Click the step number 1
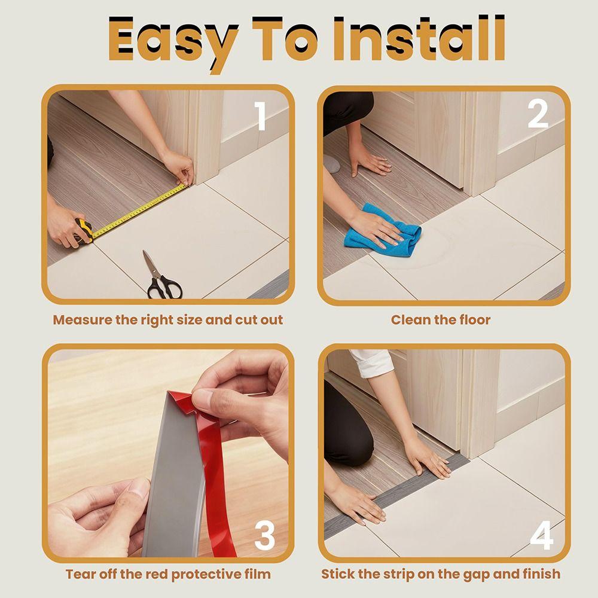click(261, 116)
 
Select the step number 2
click(538, 114)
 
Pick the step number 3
click(264, 536)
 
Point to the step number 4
click(541, 536)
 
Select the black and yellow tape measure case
click(84, 231)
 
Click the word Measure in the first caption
click(82, 320)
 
